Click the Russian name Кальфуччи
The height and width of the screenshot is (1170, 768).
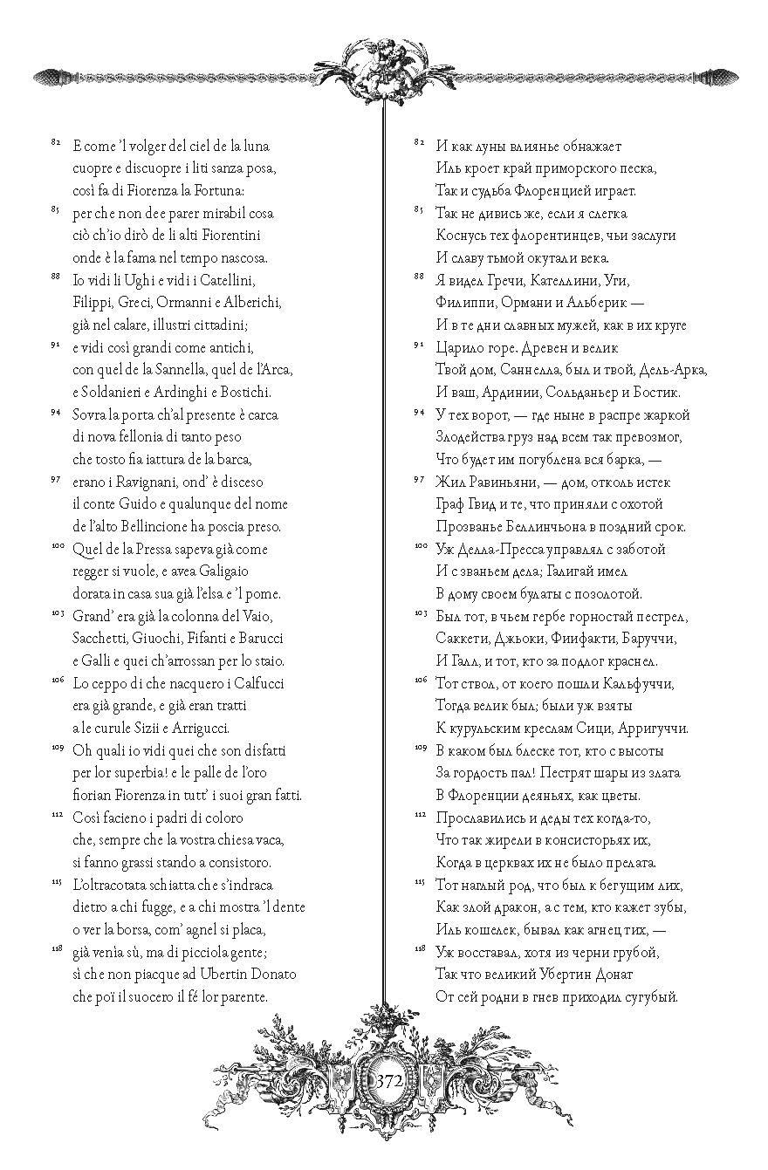pos(634,682)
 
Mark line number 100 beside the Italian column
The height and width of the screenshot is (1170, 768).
pos(55,545)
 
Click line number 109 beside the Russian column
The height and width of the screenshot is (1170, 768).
pos(419,747)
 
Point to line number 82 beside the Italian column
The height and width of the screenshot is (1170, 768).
pos(55,140)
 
